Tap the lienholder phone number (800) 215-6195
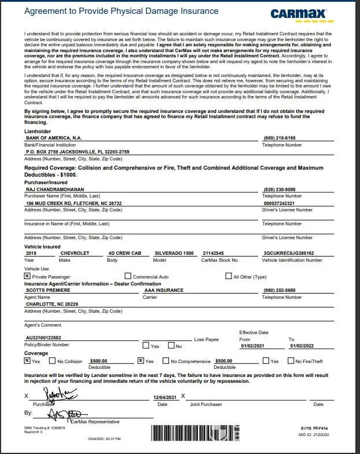tap(279, 138)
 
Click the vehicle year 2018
tap(31, 253)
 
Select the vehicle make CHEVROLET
tap(75, 253)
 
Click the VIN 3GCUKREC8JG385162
tap(288, 253)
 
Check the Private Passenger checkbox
tap(27, 276)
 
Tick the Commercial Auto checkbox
tap(128, 276)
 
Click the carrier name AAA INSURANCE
tap(164, 290)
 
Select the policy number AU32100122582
tap(52, 337)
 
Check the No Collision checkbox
tap(53, 361)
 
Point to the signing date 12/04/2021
tap(164, 397)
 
